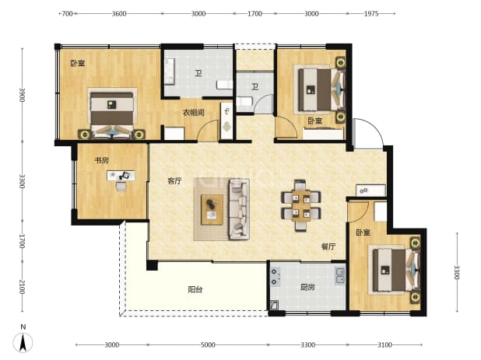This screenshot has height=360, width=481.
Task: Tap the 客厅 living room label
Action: point(174,181)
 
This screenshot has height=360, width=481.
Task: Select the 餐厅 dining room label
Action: point(328,246)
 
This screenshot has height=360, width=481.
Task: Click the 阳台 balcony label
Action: point(195,289)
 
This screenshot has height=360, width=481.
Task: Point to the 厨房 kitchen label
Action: point(307,288)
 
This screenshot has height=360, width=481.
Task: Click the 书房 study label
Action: point(101,160)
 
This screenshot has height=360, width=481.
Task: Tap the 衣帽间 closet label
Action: point(194,113)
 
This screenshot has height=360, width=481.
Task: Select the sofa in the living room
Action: point(239,210)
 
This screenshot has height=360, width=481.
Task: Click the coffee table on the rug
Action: point(212,210)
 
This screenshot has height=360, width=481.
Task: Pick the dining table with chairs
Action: point(300,205)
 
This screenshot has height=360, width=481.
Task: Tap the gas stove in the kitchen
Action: point(275,277)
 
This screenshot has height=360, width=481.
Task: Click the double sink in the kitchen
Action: point(340,276)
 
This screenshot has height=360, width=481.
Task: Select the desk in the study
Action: point(121,176)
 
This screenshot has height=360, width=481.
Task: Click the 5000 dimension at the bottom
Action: point(208,345)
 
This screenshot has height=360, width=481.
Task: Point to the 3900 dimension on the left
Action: point(22,95)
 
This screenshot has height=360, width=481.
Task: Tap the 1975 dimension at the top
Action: point(371,13)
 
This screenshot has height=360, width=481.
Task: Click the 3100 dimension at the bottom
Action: point(384,345)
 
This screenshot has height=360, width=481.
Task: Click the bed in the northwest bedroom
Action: point(112,114)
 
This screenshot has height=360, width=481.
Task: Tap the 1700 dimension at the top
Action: point(255,13)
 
